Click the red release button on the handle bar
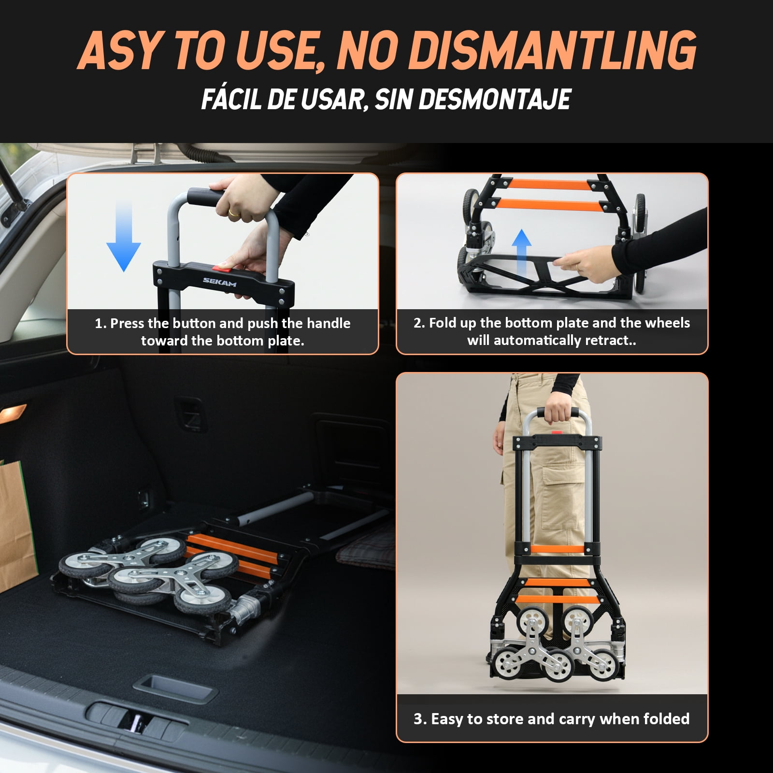222,266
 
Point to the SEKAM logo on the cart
219,282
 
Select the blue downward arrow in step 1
123,237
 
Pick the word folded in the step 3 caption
666,718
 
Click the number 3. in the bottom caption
420,719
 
